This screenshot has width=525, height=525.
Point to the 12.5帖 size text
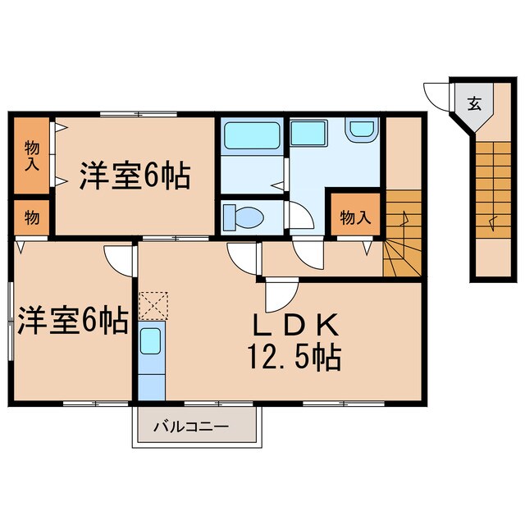294,358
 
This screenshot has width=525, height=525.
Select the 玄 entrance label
474,103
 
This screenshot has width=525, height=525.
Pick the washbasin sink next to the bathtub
308,130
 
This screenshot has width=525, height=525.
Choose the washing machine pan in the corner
360,129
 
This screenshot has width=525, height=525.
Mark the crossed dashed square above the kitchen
153,306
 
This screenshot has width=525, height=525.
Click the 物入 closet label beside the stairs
354,217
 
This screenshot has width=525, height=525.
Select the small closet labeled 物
30,217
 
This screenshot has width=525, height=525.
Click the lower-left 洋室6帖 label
71,321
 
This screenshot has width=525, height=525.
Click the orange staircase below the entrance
492,180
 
